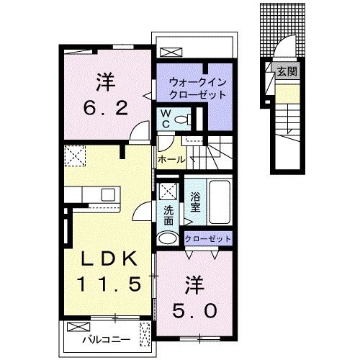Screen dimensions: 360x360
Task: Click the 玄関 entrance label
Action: coord(287,71)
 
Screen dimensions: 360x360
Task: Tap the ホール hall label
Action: coord(171,159)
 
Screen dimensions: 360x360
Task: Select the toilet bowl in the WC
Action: coord(181,119)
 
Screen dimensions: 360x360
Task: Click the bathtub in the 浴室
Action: coord(220,202)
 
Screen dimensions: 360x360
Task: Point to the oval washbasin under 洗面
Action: coord(168,238)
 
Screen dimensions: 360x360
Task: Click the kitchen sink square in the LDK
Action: coord(108,194)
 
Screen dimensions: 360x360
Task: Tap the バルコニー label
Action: coord(107,340)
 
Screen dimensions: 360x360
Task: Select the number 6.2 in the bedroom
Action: coord(105,109)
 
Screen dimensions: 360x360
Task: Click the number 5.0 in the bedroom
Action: coord(194,310)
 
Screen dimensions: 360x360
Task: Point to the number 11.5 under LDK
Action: coord(108,284)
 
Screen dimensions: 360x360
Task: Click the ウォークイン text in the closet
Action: coord(198,83)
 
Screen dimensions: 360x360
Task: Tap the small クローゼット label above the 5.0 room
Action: coord(208,239)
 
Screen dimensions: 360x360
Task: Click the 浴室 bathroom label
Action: coord(195,202)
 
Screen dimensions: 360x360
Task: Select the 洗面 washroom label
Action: coord(168,216)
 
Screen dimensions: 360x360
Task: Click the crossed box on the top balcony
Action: coord(171,53)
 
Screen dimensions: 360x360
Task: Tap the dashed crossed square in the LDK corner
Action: coord(75,156)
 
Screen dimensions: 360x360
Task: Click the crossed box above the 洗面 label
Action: coord(168,192)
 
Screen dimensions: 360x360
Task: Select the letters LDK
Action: coord(109,258)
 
